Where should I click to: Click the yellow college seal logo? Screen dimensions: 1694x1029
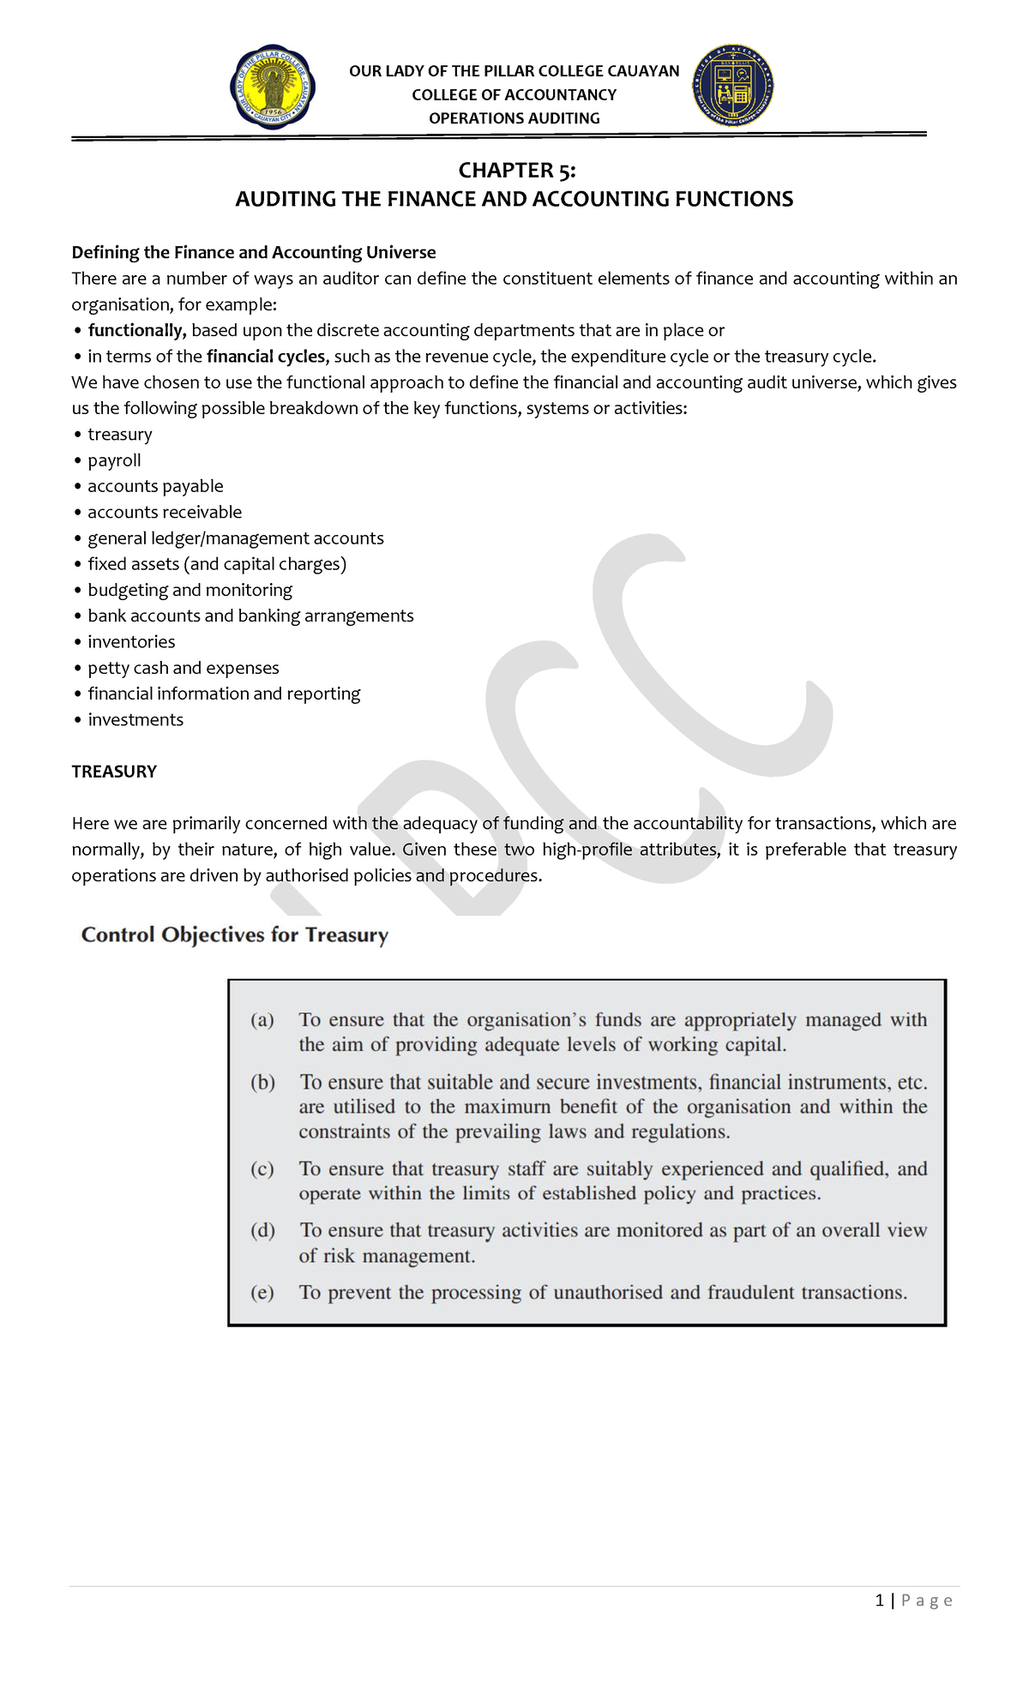(273, 87)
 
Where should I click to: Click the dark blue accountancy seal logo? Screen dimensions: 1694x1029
(732, 86)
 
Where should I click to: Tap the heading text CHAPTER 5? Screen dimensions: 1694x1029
(516, 171)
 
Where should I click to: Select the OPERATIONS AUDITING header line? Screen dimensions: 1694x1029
(514, 118)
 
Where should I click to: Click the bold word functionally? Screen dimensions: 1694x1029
(136, 331)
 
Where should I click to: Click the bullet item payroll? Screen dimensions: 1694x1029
(114, 460)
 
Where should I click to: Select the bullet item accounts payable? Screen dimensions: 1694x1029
(155, 486)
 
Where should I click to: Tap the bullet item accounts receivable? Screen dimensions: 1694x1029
(165, 513)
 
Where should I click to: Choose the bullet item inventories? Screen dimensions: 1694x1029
(131, 642)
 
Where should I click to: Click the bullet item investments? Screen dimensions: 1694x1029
(135, 720)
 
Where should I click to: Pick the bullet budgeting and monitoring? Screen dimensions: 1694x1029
(190, 590)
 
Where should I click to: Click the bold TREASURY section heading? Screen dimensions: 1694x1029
(114, 772)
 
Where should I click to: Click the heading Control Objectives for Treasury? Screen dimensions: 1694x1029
(234, 935)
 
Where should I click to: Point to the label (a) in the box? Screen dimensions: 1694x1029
(262, 1020)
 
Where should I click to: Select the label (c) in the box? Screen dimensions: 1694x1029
(262, 1169)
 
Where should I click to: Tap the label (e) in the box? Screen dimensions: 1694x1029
(262, 1293)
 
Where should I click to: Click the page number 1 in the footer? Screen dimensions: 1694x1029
(880, 1601)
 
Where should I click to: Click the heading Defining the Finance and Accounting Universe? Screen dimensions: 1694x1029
(254, 252)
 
